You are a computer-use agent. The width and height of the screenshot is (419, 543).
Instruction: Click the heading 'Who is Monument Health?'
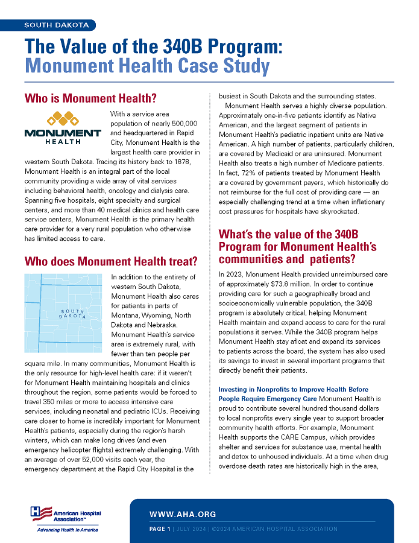click(90, 98)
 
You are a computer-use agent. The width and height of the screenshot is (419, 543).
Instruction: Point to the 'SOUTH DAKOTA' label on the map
click(72, 314)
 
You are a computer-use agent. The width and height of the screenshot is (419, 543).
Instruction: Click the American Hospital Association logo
click(66, 514)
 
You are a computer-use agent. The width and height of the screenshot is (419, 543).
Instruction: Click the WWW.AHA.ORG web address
click(183, 515)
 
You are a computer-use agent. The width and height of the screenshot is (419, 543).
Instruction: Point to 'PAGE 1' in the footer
click(160, 529)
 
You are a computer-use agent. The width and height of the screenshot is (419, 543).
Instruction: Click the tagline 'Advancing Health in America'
click(67, 530)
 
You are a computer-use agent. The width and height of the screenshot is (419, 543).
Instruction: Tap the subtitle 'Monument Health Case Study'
click(146, 66)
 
